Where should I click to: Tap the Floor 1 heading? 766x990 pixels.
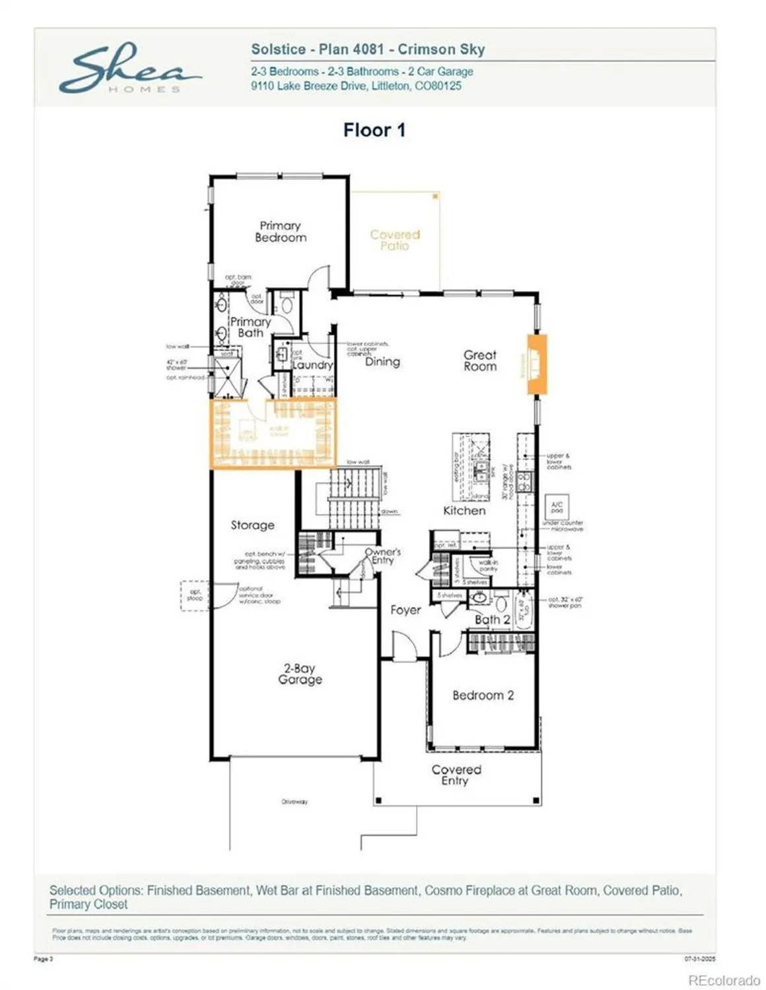374,130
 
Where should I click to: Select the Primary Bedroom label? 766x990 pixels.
281,232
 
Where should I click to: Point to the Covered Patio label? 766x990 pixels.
395,240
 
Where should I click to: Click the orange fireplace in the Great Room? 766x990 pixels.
536,364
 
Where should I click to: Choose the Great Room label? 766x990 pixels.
480,360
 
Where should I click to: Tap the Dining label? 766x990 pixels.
382,362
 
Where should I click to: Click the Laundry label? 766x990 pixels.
313,365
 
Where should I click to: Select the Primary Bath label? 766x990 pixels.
250,327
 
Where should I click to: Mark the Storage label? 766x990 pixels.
252,525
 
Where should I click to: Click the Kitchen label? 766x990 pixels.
464,510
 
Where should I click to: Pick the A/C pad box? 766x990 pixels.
557,508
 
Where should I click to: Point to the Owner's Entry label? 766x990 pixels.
383,556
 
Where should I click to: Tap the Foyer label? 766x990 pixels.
405,610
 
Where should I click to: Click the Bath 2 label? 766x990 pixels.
492,620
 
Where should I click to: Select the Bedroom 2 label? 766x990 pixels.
483,695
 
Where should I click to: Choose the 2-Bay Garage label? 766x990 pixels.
300,674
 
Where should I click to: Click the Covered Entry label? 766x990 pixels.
456,775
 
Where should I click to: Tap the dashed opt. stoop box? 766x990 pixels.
195,595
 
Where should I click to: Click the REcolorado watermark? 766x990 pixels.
724,980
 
